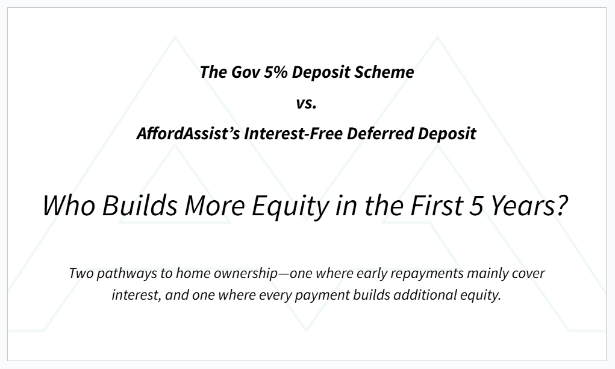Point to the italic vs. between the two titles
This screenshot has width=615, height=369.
307,103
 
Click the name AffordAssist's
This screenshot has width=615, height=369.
189,133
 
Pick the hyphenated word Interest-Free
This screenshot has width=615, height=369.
293,133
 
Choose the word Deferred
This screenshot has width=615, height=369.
380,133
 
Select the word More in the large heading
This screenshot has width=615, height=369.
215,206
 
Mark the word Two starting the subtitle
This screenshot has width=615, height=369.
81,273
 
